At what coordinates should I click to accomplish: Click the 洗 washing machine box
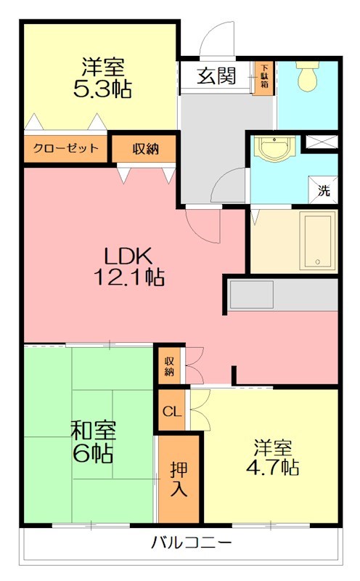pyautogui.click(x=324, y=192)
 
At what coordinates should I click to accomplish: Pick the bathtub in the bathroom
pyautogui.click(x=317, y=241)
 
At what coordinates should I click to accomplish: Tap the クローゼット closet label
pyautogui.click(x=65, y=149)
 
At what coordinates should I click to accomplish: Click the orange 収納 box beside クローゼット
pyautogui.click(x=144, y=149)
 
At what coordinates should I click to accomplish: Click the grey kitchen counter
pyautogui.click(x=283, y=295)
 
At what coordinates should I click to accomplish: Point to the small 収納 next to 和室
pyautogui.click(x=169, y=365)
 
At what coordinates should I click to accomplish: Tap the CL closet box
pyautogui.click(x=171, y=412)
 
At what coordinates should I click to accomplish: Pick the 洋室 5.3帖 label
pyautogui.click(x=102, y=78)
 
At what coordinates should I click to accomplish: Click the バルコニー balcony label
pyautogui.click(x=192, y=543)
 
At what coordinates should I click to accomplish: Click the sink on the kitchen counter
pyautogui.click(x=252, y=295)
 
